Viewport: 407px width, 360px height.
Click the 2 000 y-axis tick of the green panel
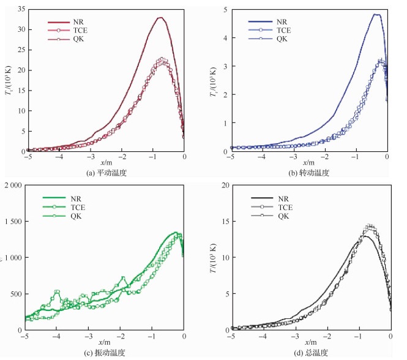point(13,185)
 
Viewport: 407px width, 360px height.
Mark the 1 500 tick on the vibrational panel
point(13,221)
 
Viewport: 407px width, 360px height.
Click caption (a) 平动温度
point(105,173)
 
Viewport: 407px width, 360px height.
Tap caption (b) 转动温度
point(310,173)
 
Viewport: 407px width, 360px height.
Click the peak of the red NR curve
point(161,18)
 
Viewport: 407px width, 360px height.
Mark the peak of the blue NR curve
point(376,14)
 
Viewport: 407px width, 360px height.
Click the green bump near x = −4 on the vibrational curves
point(57,293)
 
